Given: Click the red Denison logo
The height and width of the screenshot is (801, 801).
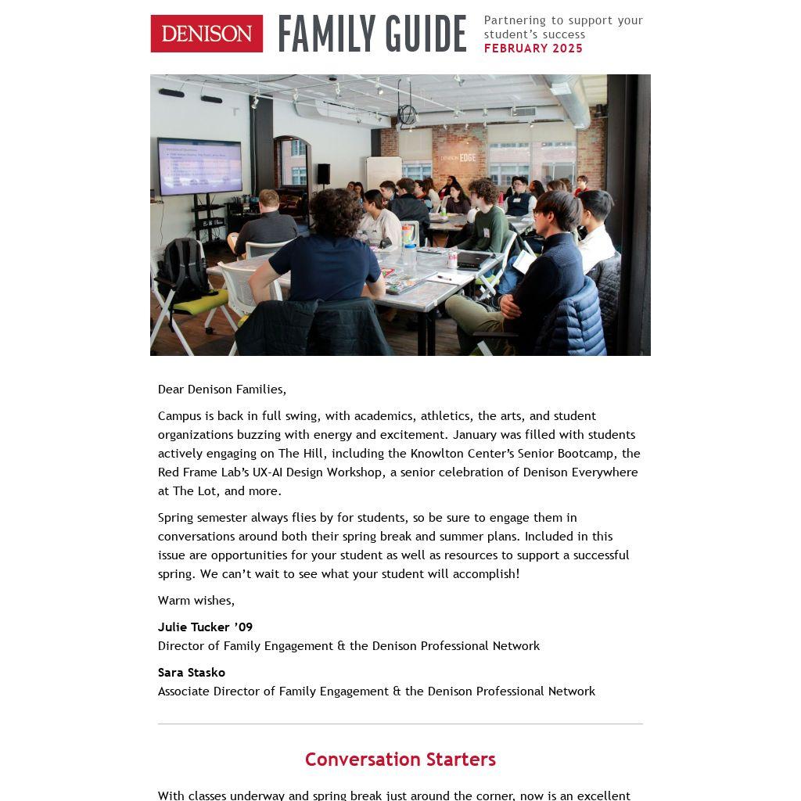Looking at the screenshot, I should pos(207,34).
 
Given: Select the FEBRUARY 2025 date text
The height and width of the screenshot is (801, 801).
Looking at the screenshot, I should pos(533,48).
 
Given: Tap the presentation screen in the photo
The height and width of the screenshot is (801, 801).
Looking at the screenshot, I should pos(199,166).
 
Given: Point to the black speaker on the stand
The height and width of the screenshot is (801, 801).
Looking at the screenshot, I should pos(323,173).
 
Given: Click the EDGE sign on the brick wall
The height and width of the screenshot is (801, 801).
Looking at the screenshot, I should pos(467,157).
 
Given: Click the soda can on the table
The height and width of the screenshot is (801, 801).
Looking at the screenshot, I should pos(452,259).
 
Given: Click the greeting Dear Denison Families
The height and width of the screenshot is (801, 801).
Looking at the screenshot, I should pos(222,390).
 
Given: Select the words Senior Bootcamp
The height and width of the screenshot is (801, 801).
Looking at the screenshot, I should pos(568,454).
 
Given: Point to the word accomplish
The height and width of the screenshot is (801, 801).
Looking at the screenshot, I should pos(485,574).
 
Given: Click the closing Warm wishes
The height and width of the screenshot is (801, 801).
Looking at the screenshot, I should pos(196,601).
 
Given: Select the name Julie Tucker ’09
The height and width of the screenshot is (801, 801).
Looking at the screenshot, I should pos(205,627).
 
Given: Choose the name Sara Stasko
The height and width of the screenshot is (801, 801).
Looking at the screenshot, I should pos(192,673).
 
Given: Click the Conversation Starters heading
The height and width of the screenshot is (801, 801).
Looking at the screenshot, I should pos(400,760).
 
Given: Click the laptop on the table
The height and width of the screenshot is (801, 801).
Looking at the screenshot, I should pos(473,261).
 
